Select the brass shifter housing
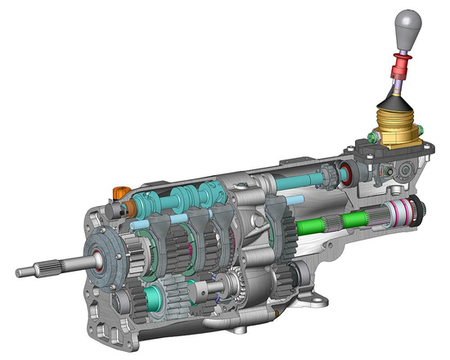pyautogui.click(x=399, y=131)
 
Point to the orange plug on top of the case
pyautogui.click(x=118, y=193)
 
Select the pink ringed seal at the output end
pyautogui.click(x=402, y=215)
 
